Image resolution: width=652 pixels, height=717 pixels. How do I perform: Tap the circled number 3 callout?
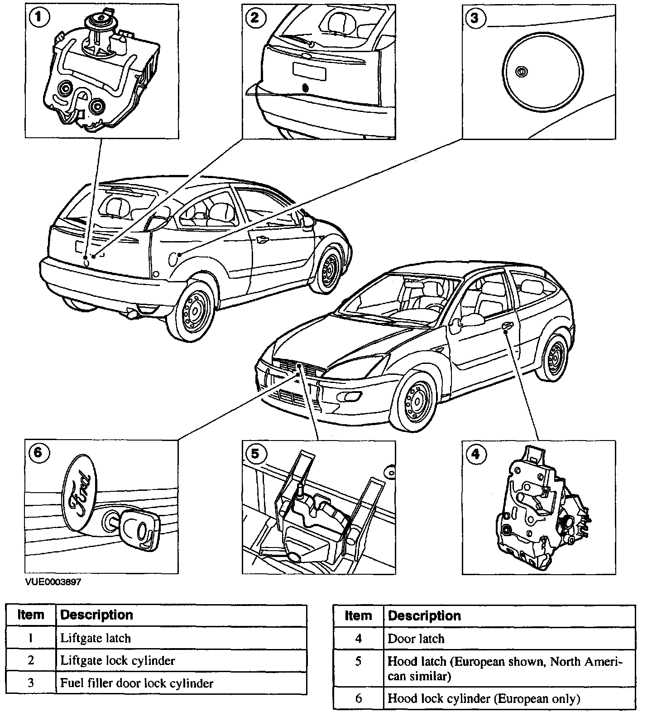coord(474,18)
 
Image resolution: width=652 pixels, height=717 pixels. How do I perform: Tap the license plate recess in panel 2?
coord(310,71)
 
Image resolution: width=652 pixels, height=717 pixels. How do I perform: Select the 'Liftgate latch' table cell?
coord(181,638)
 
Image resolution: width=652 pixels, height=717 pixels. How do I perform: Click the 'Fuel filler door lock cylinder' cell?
coord(181,683)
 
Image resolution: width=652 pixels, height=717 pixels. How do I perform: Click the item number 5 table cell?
coord(358,669)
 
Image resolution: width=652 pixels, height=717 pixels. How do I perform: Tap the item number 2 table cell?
coord(31,660)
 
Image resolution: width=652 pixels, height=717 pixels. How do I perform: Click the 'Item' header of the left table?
coord(31,615)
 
